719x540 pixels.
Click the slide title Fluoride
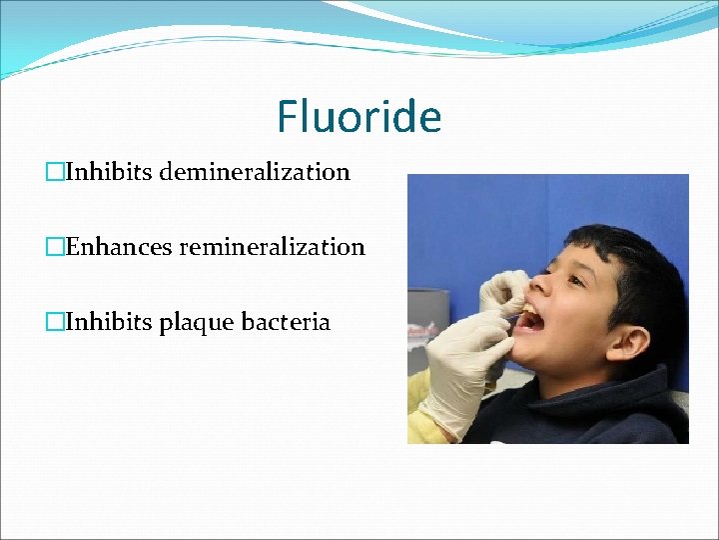point(359,116)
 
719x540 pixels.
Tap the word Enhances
point(120,246)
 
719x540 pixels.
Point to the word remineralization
point(272,246)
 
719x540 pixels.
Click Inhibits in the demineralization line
point(107,172)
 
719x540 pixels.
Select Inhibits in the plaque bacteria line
point(107,322)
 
